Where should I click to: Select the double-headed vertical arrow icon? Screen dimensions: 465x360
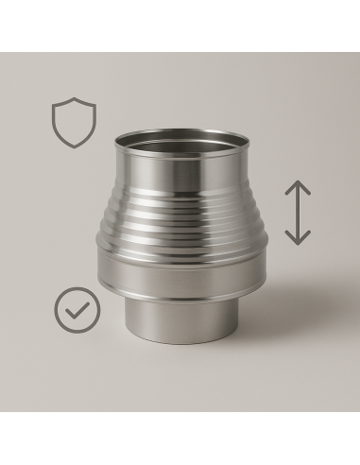[298, 214]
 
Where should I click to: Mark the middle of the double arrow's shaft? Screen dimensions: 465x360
[298, 214]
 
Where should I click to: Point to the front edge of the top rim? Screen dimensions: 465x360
[183, 163]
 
